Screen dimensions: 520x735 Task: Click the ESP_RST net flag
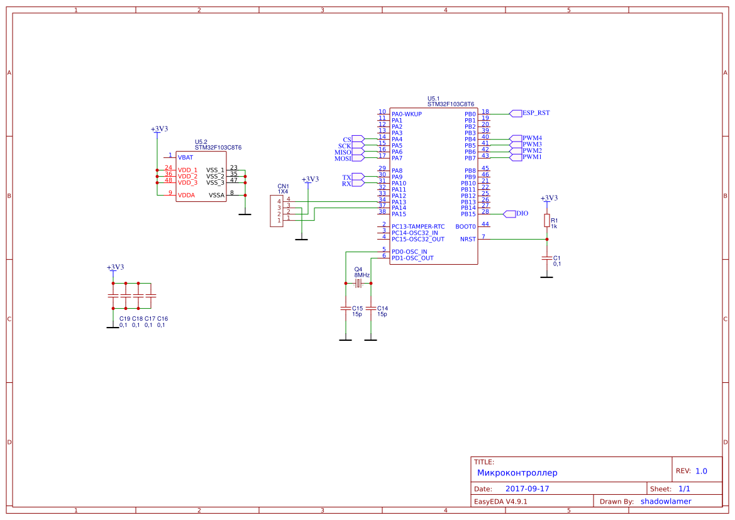pos(535,113)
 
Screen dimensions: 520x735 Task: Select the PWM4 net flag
pos(531,138)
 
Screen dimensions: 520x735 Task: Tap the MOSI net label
pos(343,158)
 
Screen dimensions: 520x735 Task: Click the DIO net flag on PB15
pos(521,214)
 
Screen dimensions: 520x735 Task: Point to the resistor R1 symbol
pos(547,221)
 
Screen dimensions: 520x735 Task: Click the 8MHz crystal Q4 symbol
pos(358,284)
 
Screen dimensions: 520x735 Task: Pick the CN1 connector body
pos(276,211)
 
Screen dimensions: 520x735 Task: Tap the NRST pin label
pos(468,239)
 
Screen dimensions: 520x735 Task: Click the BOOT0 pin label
pos(465,226)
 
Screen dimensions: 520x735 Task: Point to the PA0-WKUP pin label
pos(407,114)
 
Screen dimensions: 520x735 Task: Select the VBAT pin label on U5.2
pos(185,157)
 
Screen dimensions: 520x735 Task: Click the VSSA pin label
pos(216,195)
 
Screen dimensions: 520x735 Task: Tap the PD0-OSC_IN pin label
pos(409,252)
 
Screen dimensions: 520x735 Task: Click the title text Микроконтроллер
pos(517,473)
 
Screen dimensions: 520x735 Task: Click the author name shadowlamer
pos(666,501)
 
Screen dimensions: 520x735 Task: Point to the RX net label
pos(346,184)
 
